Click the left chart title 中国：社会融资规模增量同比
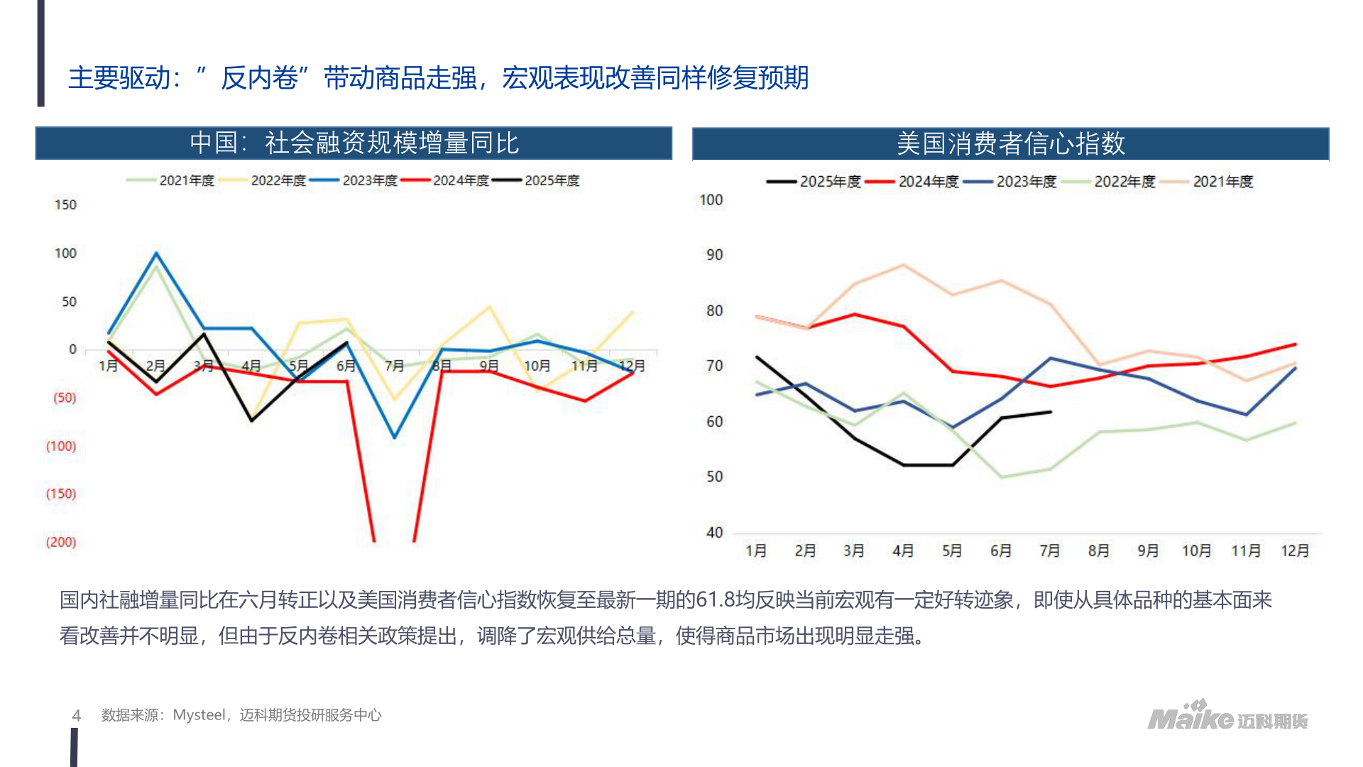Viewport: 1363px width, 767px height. tap(354, 143)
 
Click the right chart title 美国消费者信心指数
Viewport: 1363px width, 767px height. tap(1010, 143)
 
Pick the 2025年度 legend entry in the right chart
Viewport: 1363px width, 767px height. tap(829, 182)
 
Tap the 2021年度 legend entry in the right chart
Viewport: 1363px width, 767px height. tap(1222, 182)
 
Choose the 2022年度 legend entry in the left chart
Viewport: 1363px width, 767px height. tap(278, 180)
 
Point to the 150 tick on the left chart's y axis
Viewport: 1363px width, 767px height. tap(65, 205)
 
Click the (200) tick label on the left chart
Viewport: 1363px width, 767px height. tap(61, 542)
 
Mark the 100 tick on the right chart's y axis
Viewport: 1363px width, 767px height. tap(711, 200)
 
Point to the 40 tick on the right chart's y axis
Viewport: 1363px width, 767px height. tap(714, 533)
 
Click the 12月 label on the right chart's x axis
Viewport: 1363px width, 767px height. tap(1294, 550)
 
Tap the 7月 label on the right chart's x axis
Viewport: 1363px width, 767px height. tap(1049, 550)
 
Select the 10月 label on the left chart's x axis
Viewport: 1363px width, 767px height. tap(537, 366)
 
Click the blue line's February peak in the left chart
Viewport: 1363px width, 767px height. tap(156, 254)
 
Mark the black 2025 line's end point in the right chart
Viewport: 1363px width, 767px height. tap(1051, 412)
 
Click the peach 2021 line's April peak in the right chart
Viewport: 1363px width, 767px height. tap(903, 265)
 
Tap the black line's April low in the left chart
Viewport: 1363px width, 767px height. tap(251, 420)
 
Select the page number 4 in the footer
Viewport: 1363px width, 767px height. tap(77, 715)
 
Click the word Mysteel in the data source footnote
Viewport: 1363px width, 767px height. tap(199, 715)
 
